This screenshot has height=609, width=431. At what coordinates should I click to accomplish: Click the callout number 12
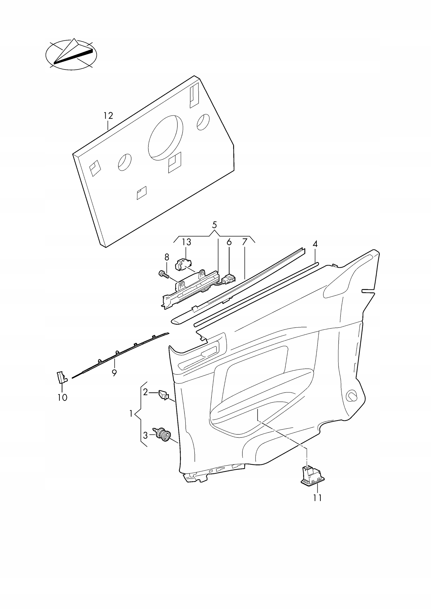(x=108, y=116)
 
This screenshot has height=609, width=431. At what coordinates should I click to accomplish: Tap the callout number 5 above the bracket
(x=215, y=225)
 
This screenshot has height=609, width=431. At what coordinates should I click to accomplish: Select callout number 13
(x=186, y=242)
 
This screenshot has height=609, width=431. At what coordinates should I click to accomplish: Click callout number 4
(x=315, y=244)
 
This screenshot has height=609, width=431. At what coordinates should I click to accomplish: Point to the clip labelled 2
(x=163, y=395)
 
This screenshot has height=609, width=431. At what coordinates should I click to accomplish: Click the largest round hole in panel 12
(x=165, y=138)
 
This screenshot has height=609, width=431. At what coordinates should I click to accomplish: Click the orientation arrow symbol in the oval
(x=71, y=54)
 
